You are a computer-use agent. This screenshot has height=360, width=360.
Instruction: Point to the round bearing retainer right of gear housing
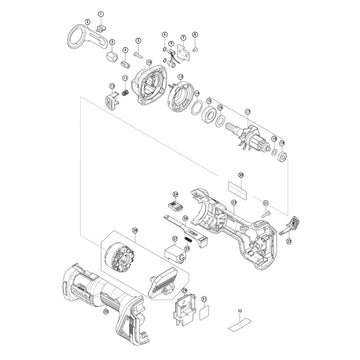point(183,98)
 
